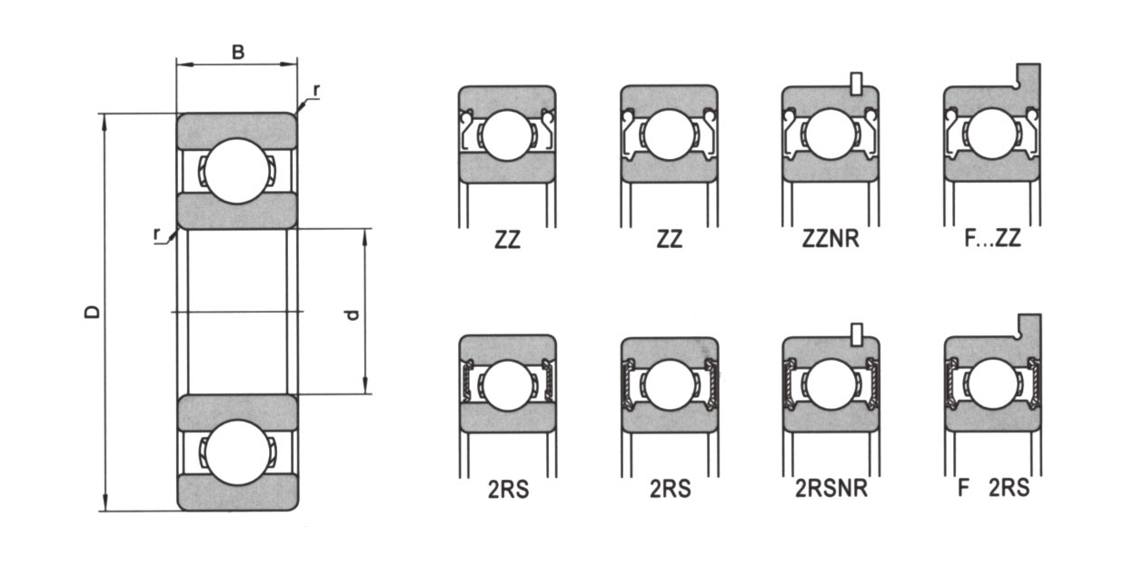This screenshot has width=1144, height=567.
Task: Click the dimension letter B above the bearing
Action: tap(238, 52)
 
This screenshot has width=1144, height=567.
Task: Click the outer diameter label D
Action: tap(93, 312)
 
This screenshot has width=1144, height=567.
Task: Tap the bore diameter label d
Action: tap(352, 314)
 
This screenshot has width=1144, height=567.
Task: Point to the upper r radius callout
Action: tap(316, 91)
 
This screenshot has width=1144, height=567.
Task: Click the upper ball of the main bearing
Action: tap(236, 171)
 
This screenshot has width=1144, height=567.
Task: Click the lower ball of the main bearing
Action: tap(236, 453)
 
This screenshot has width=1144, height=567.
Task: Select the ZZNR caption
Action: tap(831, 239)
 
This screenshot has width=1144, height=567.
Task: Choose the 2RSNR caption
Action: tap(831, 488)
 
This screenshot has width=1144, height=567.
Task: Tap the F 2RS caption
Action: tap(993, 488)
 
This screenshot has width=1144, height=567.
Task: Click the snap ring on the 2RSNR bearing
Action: tap(857, 334)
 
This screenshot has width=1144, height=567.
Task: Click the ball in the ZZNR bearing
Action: tap(831, 134)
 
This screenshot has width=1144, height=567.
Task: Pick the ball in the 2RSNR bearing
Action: tap(831, 384)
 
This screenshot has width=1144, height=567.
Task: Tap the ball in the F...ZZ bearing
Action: tap(992, 134)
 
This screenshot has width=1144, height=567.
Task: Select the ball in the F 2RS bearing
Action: tap(993, 383)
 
